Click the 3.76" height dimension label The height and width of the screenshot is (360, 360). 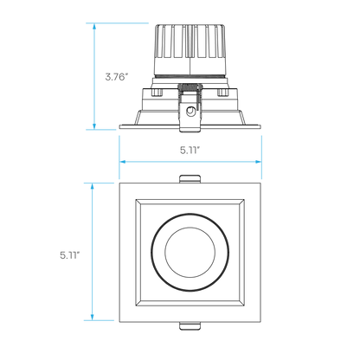click(116, 77)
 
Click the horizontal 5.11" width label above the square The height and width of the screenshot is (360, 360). click(190, 150)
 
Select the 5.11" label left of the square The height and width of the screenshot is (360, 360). click(70, 255)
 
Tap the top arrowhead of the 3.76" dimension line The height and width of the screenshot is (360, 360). click(94, 26)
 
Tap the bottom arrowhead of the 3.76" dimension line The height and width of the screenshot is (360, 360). click(94, 126)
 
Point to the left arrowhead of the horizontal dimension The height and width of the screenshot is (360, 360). click(123, 162)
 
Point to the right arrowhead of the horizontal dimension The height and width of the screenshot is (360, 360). click(259, 162)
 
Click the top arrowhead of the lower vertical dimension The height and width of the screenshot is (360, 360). click(93, 186)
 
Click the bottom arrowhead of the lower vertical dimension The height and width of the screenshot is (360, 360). click(93, 317)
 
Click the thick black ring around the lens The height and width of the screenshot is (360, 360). click(152, 253)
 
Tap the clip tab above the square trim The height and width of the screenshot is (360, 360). click(190, 179)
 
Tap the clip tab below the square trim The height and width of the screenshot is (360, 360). click(190, 325)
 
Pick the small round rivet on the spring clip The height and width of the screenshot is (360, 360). click(190, 111)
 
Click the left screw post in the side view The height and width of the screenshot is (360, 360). click(157, 93)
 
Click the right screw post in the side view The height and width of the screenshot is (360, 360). click(222, 93)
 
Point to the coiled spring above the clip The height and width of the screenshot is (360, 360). click(190, 87)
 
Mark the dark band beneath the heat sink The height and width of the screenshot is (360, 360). click(190, 76)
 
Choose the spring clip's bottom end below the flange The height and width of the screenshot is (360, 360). click(190, 130)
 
